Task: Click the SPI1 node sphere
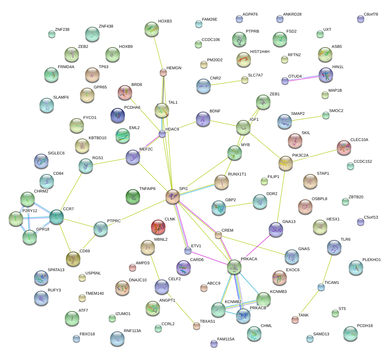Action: tap(173, 196)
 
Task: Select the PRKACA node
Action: tap(234, 267)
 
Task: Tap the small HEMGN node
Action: tap(163, 73)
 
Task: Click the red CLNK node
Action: tap(158, 227)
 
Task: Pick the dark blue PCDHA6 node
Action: tap(117, 115)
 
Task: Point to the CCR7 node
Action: tap(56, 217)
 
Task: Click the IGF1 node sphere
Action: tap(243, 128)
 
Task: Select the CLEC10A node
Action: tap(344, 148)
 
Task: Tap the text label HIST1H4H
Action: tap(260, 52)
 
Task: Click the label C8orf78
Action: tap(370, 15)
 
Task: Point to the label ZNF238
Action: tap(62, 30)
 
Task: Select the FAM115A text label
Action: tap(226, 339)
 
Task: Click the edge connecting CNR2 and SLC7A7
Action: tap(226, 83)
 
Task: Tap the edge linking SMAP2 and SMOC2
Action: tap(307, 119)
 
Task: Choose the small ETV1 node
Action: tap(188, 251)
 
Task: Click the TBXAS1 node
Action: tap(197, 326)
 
